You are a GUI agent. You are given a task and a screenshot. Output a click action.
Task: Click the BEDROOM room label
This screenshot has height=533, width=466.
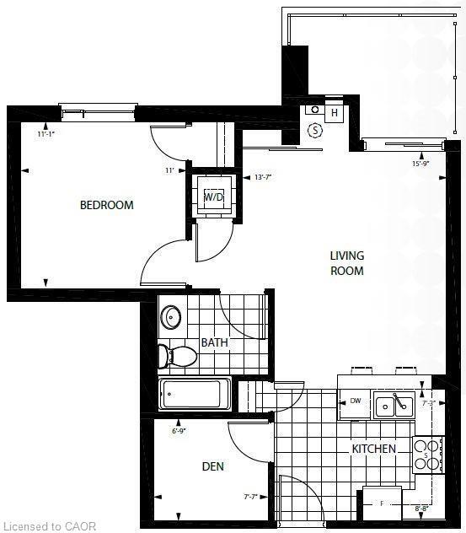107,205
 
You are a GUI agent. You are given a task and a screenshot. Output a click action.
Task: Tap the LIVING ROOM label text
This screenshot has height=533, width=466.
346,263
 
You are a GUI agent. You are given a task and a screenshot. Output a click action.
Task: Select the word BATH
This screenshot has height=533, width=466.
214,342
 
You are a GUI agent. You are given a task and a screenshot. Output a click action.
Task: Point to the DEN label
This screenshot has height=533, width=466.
212,466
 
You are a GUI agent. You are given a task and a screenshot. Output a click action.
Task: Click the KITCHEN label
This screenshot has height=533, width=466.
373,449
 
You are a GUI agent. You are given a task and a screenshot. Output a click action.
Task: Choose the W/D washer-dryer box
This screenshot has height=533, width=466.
214,197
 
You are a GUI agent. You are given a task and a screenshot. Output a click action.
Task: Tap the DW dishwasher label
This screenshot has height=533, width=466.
355,401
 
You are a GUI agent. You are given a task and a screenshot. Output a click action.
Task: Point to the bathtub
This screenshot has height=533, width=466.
195,394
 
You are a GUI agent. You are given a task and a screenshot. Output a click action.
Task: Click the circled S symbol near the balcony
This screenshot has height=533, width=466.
315,130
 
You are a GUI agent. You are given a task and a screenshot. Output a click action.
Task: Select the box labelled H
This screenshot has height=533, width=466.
334,113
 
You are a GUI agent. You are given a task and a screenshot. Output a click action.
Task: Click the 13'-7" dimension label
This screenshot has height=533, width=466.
265,177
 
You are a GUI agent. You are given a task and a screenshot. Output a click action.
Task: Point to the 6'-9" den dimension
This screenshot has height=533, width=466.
179,431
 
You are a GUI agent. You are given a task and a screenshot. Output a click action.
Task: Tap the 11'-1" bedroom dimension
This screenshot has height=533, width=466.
47,133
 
